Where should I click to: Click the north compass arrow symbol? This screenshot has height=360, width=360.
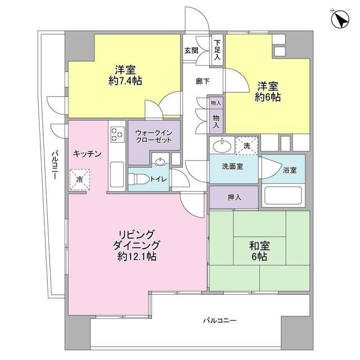point(340,21)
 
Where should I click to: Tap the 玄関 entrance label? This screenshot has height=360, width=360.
point(191,51)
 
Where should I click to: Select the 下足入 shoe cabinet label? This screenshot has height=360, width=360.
point(217,51)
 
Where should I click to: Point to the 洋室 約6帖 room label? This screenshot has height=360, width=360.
point(269,91)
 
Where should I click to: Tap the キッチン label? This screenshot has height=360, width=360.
point(87,153)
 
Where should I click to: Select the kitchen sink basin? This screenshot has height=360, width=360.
point(117,174)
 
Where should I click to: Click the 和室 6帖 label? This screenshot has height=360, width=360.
point(259,250)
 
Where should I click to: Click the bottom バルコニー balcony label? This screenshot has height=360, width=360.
point(219,321)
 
